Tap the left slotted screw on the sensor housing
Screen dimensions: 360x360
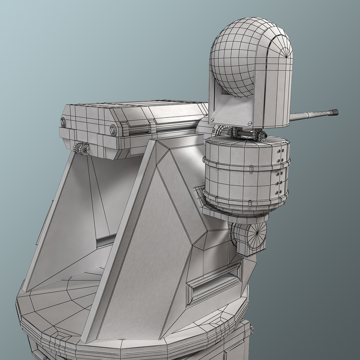(211, 118)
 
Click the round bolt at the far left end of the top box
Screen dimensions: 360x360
(63, 121)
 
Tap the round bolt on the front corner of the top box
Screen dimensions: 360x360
(112, 130)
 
